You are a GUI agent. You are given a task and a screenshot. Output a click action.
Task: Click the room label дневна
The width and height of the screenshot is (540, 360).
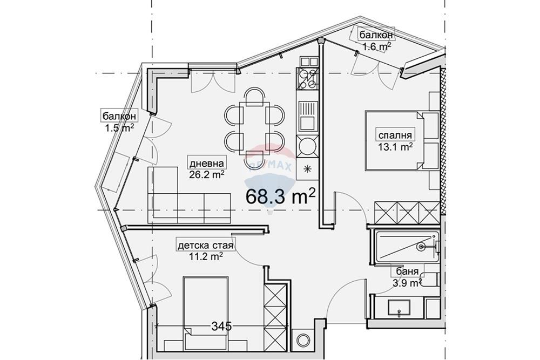(206, 164)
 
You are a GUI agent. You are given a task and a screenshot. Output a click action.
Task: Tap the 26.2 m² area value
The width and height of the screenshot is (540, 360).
(206, 174)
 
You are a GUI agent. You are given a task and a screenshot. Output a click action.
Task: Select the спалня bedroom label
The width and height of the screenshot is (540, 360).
(395, 135)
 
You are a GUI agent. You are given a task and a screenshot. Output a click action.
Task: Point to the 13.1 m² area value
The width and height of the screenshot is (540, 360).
(395, 147)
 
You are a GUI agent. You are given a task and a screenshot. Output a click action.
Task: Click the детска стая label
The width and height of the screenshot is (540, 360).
(206, 246)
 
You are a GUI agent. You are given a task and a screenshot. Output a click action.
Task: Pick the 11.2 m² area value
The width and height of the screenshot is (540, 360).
(206, 256)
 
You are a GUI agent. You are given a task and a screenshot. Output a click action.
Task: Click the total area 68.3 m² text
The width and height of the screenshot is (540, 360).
(280, 196)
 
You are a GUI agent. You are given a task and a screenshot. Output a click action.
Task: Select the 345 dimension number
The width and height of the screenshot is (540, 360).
(222, 325)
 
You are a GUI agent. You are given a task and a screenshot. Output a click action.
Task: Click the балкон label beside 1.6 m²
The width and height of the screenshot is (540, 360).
(376, 35)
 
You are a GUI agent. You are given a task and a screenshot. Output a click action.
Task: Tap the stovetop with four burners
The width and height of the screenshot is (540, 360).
(308, 79)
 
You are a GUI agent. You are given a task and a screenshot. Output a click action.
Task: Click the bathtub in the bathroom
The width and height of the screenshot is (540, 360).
(407, 247)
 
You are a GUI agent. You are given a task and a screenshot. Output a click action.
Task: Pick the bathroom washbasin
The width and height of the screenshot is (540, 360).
(399, 307)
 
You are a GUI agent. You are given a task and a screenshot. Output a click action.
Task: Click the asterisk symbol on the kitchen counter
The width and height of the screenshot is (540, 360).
(308, 168)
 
